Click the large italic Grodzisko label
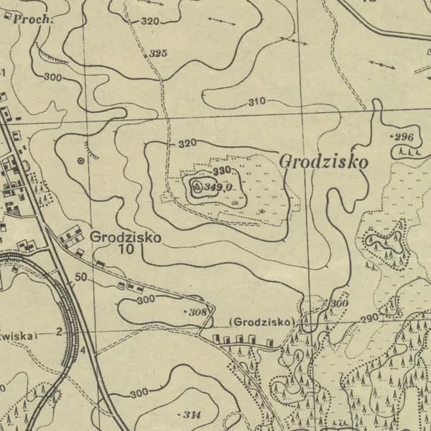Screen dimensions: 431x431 [323, 162]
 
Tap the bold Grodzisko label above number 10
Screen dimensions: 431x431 [126, 236]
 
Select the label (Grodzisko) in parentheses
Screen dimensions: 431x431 [262, 322]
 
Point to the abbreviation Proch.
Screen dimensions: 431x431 [32, 19]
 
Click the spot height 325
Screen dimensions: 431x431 [158, 54]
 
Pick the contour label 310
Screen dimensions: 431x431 [256, 101]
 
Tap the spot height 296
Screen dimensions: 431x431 [405, 137]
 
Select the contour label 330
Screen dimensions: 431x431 [222, 171]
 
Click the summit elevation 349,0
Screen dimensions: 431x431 [218, 187]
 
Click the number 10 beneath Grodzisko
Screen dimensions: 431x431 [126, 249]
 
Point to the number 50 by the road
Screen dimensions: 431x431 [80, 277]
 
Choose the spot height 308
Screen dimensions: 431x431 [198, 312]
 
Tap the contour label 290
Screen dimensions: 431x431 [369, 318]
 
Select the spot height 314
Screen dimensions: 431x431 [192, 414]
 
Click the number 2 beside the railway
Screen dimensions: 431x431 [59, 333]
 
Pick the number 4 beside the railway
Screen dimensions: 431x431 [83, 350]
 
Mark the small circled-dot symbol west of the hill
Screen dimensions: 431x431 [80, 161]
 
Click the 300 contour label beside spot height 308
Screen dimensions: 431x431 [146, 299]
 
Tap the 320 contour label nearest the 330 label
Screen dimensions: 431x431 [187, 144]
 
